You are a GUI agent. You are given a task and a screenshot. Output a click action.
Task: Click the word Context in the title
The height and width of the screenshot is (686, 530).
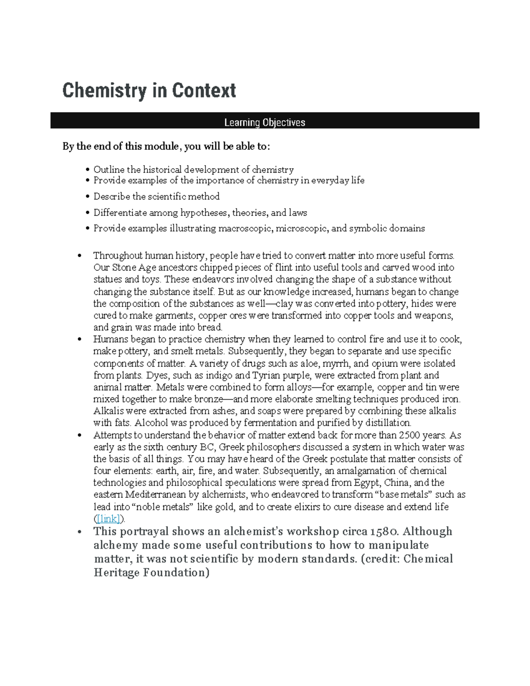204,91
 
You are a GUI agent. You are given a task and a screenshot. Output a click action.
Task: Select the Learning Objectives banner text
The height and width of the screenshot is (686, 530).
265,122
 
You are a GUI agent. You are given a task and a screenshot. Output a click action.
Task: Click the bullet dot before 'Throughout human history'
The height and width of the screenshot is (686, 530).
79,256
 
